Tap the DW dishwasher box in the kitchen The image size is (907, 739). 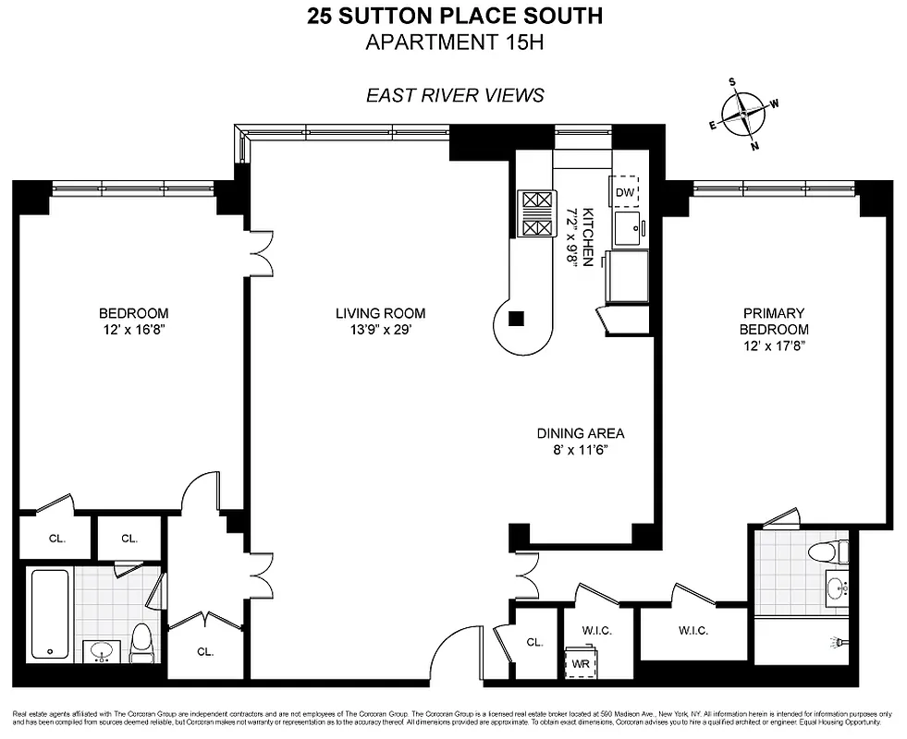click(x=626, y=191)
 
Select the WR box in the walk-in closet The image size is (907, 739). click(x=582, y=662)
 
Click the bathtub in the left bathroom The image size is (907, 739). click(x=49, y=615)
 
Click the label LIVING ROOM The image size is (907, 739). click(x=380, y=313)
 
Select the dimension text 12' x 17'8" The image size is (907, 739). click(x=773, y=345)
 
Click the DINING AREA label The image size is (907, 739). click(x=581, y=432)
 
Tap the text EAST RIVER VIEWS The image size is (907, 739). click(x=454, y=94)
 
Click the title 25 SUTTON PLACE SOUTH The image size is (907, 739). click(x=453, y=16)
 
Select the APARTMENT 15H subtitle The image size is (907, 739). click(x=453, y=42)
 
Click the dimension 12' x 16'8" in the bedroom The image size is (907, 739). click(x=134, y=330)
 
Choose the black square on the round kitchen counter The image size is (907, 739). click(x=517, y=320)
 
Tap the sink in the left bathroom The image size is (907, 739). click(x=100, y=651)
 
